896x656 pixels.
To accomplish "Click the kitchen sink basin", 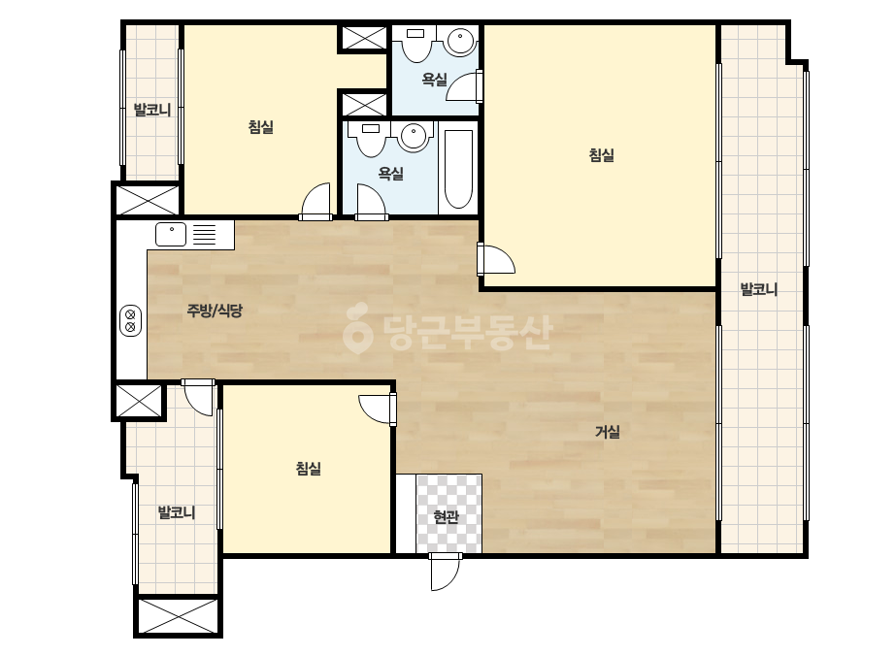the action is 171,234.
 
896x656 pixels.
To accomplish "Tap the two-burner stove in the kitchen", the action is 131,320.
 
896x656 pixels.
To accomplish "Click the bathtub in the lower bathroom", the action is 458,170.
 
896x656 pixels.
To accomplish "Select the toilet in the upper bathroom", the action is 416,45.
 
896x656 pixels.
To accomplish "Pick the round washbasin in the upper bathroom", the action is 461,41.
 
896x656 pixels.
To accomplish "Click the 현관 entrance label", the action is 446,517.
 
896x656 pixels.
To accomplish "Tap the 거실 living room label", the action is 608,432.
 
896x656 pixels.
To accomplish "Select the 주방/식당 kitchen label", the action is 215,311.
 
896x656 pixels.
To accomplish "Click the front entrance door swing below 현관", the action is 445,572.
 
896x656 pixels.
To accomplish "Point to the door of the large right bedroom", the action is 496,259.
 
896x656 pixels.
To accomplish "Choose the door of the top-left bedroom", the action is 315,201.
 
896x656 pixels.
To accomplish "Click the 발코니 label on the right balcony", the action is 759,289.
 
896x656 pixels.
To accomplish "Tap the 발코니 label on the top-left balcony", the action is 152,109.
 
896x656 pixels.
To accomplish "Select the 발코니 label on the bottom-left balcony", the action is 177,512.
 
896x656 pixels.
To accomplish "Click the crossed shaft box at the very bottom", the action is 179,616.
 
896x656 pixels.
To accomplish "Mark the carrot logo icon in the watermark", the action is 357,328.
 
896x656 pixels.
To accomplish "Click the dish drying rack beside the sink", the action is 205,234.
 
